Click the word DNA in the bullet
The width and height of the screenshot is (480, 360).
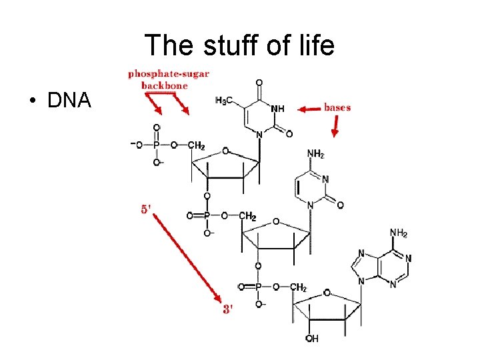pyautogui.click(x=69, y=101)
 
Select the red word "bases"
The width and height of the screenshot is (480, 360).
pyautogui.click(x=337, y=107)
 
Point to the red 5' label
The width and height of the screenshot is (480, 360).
pyautogui.click(x=147, y=209)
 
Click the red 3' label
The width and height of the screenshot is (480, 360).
pyautogui.click(x=228, y=309)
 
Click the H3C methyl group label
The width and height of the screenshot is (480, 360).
pyautogui.click(x=225, y=101)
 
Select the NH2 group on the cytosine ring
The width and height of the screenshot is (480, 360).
pyautogui.click(x=315, y=155)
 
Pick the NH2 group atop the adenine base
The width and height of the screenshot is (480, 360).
pyautogui.click(x=399, y=233)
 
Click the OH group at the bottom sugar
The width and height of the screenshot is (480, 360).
pyautogui.click(x=312, y=339)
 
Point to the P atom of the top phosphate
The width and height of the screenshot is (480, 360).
pyautogui.click(x=157, y=145)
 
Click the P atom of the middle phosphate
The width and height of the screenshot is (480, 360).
pyautogui.click(x=207, y=215)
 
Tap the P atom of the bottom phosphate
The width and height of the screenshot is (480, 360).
pyautogui.click(x=257, y=287)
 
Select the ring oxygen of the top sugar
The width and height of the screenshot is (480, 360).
pyautogui.click(x=225, y=151)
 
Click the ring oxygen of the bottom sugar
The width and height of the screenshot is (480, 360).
pyautogui.click(x=327, y=293)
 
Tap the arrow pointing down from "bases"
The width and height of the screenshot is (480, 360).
pyautogui.click(x=335, y=125)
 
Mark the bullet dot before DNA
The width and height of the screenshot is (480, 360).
pyautogui.click(x=31, y=102)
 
